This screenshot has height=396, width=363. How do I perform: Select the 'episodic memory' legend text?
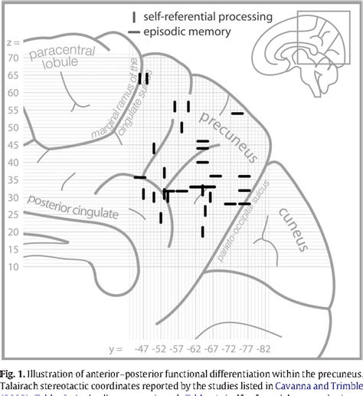click(190, 31)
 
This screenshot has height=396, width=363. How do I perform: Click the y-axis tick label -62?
click(191, 349)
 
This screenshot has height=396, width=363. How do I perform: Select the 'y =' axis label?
click(116, 349)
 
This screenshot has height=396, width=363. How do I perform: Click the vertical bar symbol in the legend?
click(134, 16)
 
